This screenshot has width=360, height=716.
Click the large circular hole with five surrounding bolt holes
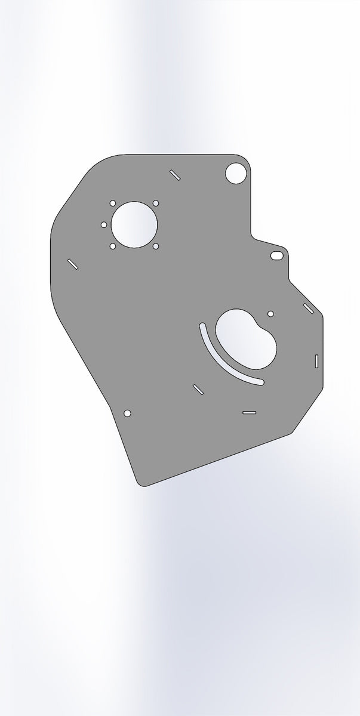tap(134, 224)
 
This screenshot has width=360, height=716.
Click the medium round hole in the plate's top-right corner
tap(235, 173)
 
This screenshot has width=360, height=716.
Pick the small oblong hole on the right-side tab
tap(276, 255)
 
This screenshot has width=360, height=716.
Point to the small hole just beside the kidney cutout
tap(270, 313)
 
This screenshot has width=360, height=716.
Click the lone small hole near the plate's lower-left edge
tap(127, 413)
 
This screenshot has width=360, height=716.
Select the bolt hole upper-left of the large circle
tap(113, 203)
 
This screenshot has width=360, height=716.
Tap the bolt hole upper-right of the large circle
tap(156, 203)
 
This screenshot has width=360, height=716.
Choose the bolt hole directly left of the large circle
tap(104, 225)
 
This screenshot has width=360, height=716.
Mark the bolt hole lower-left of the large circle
tap(113, 246)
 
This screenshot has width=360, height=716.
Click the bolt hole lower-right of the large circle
tap(156, 246)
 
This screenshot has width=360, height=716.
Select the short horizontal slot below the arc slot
tap(250, 412)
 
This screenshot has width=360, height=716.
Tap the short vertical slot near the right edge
tap(316, 360)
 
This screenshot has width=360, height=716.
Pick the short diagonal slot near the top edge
tap(175, 174)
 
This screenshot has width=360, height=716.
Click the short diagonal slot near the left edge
tap(73, 264)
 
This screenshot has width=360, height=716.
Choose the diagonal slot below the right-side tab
tap(309, 308)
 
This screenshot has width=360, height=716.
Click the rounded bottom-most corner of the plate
tap(141, 483)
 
